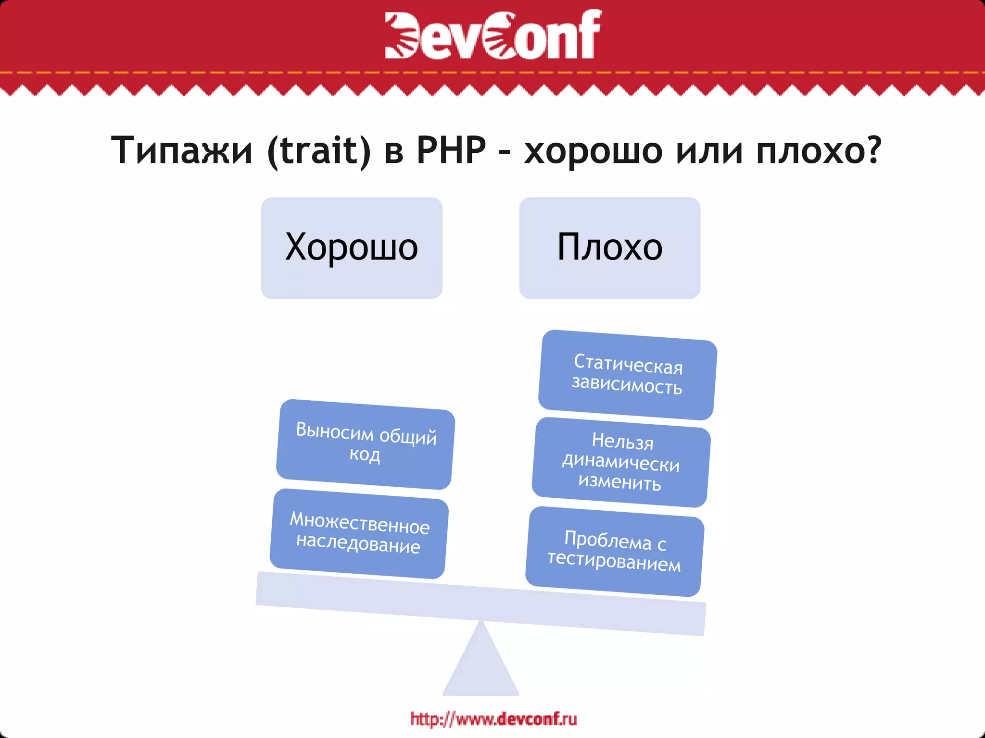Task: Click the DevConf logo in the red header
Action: pyautogui.click(x=492, y=35)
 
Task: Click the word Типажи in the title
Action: pyautogui.click(x=182, y=150)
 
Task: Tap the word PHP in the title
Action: pyautogui.click(x=451, y=150)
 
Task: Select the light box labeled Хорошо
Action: pyautogui.click(x=352, y=248)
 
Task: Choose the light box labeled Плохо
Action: pyautogui.click(x=609, y=248)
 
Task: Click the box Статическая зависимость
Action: pyautogui.click(x=627, y=375)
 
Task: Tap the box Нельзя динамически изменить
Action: pyautogui.click(x=621, y=462)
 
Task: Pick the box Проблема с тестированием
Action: pyautogui.click(x=615, y=552)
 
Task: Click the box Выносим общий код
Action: pyautogui.click(x=366, y=444)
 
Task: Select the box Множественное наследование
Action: pyautogui.click(x=359, y=533)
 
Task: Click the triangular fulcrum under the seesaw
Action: pyautogui.click(x=480, y=665)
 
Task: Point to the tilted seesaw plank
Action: pyautogui.click(x=480, y=603)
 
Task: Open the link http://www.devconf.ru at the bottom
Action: pyautogui.click(x=493, y=719)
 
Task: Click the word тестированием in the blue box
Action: pyautogui.click(x=614, y=562)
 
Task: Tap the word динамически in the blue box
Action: pyautogui.click(x=621, y=462)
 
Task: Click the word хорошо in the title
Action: pyautogui.click(x=593, y=150)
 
